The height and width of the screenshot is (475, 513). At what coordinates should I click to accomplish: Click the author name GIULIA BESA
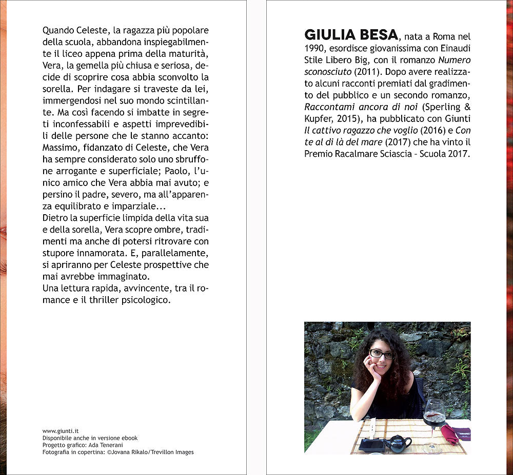click(351, 35)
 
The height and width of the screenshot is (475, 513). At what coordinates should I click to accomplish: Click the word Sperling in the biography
click(446, 107)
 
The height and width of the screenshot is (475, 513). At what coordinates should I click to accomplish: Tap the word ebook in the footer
click(129, 438)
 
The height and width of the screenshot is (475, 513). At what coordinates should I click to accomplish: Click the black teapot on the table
click(398, 443)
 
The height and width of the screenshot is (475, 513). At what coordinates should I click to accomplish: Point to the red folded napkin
click(449, 433)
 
